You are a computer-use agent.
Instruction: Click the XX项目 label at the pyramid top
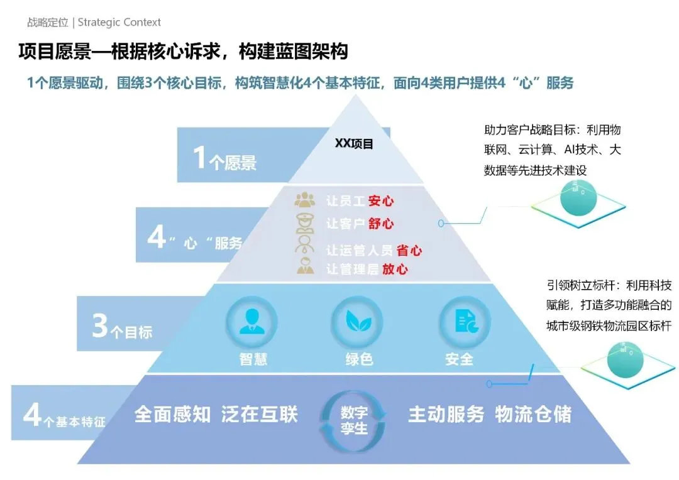354,144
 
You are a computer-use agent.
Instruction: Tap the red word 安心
380,201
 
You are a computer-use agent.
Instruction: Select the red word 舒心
380,224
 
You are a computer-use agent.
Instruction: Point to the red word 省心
409,250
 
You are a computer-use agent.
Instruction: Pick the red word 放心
394,270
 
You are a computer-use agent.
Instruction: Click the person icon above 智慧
252,322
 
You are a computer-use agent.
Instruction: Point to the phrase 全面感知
172,415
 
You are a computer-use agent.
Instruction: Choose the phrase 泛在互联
259,415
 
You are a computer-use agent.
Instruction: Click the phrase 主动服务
446,415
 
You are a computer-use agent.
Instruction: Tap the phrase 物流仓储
533,415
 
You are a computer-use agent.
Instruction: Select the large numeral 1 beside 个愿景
199,158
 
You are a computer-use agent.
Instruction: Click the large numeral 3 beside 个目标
100,327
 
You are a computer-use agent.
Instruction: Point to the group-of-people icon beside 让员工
305,200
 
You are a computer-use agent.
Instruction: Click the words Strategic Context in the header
119,23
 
